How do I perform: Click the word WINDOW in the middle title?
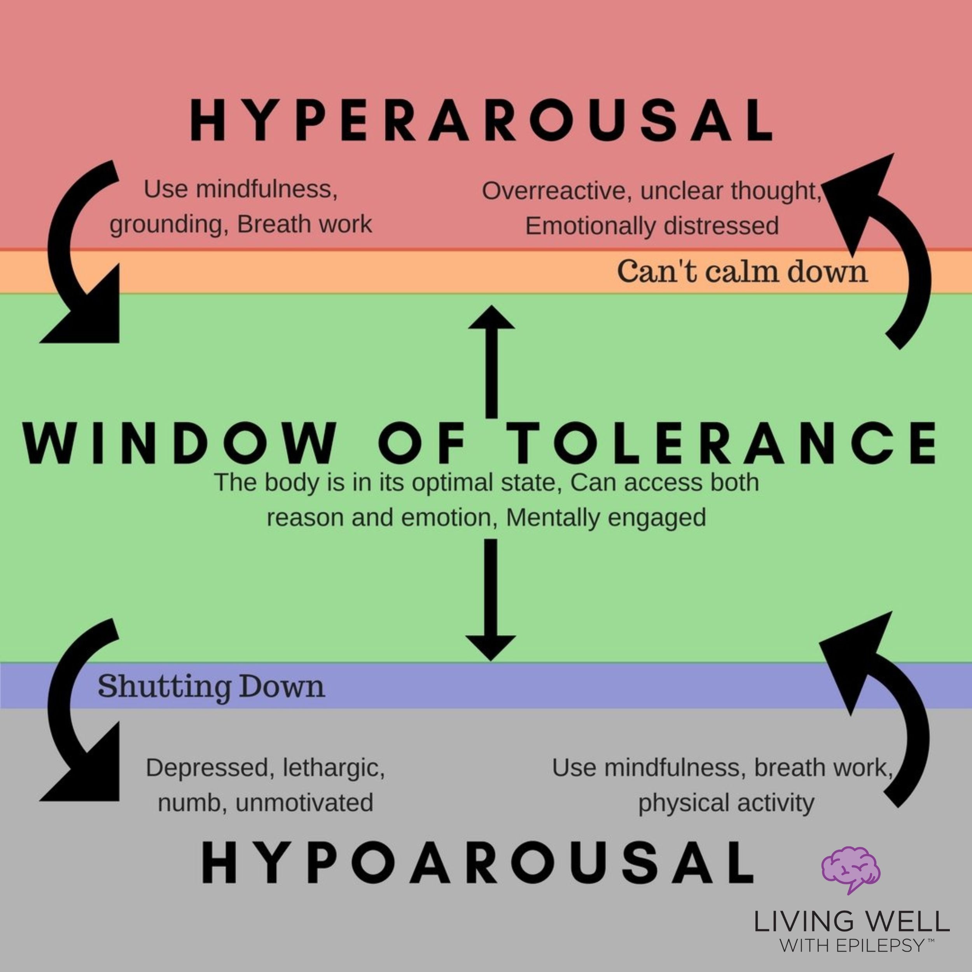178,443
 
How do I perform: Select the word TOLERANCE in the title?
720,443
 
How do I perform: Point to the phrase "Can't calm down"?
742,272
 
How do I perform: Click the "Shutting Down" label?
211,687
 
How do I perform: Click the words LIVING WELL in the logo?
851,922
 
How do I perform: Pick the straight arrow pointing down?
491,599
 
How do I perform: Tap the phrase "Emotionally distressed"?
652,226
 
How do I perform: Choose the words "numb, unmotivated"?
265,802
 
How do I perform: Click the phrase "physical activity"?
726,804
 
